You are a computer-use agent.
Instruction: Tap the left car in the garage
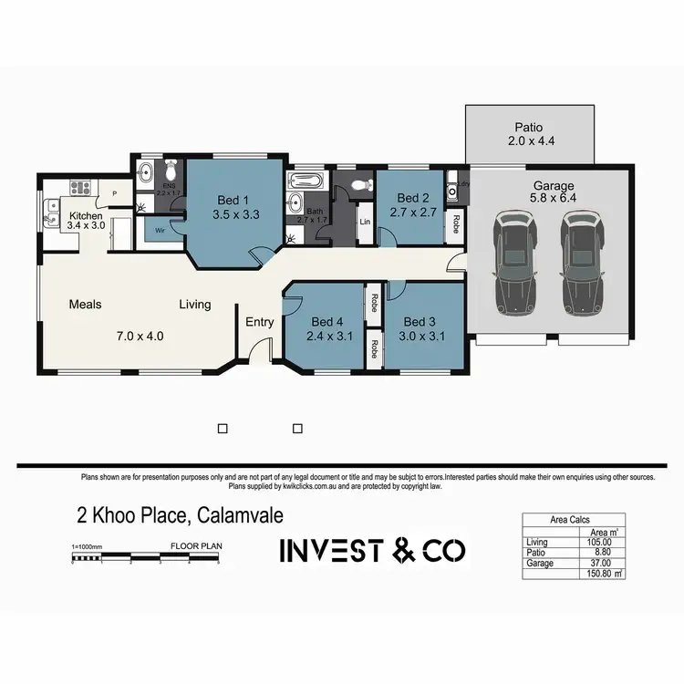pyautogui.click(x=513, y=263)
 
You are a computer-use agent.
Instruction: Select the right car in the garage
pyautogui.click(x=580, y=263)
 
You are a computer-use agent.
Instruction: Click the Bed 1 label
pyautogui.click(x=232, y=201)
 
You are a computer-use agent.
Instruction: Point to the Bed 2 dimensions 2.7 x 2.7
pyautogui.click(x=411, y=212)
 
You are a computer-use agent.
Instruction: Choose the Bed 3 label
pyautogui.click(x=419, y=321)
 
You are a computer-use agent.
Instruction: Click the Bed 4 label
pyautogui.click(x=326, y=321)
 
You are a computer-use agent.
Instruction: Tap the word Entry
pyautogui.click(x=260, y=321)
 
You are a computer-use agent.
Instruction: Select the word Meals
pyautogui.click(x=85, y=305)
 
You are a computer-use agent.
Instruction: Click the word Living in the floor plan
pyautogui.click(x=194, y=305)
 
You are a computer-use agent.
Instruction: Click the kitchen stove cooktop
pyautogui.click(x=78, y=189)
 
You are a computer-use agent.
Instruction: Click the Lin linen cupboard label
pyautogui.click(x=364, y=222)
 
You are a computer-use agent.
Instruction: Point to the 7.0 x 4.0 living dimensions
pyautogui.click(x=141, y=335)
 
